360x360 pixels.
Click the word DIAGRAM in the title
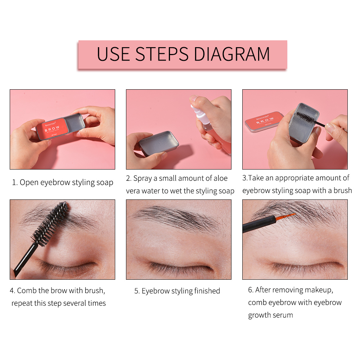click(232, 54)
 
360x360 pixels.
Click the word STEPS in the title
click(162, 54)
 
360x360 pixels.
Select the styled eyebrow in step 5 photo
click(176, 218)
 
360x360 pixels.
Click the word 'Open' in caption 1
click(29, 183)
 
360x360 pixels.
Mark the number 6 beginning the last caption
click(251, 290)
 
